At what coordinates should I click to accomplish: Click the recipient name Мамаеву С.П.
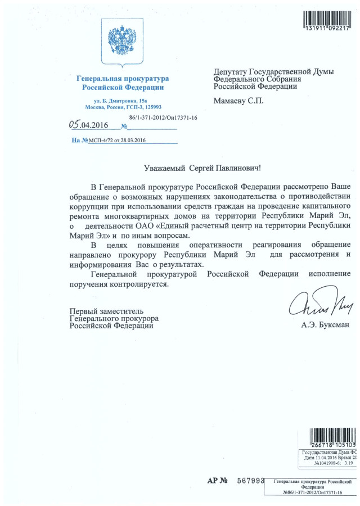coord(238,101)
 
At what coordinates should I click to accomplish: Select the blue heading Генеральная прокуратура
coord(123,79)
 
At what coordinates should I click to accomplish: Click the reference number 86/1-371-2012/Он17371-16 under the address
coord(163,118)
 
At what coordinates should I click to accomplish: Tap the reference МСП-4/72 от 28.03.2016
coord(118,140)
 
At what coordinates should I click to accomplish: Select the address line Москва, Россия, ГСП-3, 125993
coord(123,107)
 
